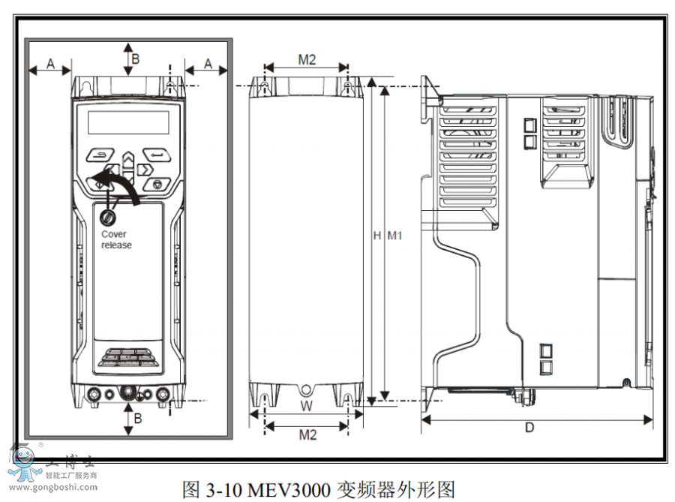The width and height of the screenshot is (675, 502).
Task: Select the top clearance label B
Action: (136, 58)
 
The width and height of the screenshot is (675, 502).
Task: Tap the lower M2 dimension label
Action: (307, 434)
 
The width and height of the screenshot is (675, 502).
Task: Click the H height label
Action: (377, 236)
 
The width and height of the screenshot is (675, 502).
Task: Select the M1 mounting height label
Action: (394, 236)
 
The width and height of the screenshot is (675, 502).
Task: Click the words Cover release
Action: (115, 239)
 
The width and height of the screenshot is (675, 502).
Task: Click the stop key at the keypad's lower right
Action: (157, 183)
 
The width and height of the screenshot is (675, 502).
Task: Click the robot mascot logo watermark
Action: (24, 463)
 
